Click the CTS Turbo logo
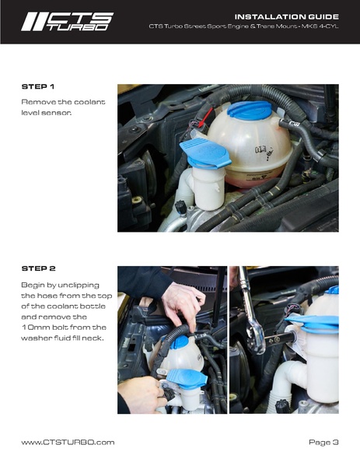pos(67,22)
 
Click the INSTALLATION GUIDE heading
pos(287,16)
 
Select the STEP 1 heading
pos(38,87)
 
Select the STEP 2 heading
pos(39,268)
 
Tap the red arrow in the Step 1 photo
pos(206,117)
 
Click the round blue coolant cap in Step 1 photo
pos(250,110)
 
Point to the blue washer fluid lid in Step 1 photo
pos(205,154)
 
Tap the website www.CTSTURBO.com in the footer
pos(68,442)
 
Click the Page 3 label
pos(323,442)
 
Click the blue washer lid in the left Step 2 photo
pos(187,379)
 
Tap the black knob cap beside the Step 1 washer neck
pos(181,207)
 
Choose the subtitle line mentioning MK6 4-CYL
pos(243,26)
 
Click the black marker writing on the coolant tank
pos(264,151)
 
